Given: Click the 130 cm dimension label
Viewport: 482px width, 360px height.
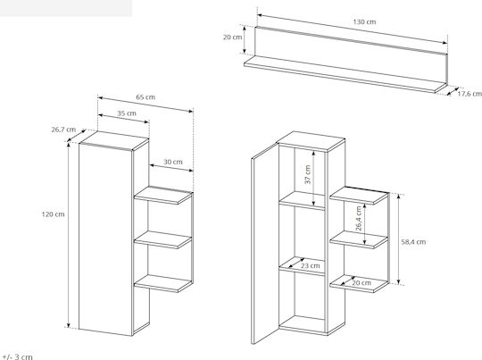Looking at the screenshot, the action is [x=364, y=21].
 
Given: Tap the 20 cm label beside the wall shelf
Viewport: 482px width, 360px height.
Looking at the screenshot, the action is [x=232, y=38].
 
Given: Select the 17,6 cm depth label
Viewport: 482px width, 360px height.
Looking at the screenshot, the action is [x=470, y=94].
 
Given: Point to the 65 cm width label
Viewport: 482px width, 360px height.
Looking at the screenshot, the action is [x=145, y=97].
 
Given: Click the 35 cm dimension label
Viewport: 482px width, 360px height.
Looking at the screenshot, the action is [x=127, y=113].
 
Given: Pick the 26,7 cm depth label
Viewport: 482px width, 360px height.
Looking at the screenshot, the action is [x=63, y=130].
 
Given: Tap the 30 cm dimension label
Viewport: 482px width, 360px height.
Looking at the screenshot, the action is [x=173, y=162].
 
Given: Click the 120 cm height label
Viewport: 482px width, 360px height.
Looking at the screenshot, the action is [x=54, y=214].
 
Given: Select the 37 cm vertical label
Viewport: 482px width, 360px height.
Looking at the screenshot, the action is [x=308, y=174].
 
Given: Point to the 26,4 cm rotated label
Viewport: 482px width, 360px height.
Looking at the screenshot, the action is [x=359, y=219].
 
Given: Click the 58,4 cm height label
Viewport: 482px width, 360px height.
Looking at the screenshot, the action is [x=413, y=242].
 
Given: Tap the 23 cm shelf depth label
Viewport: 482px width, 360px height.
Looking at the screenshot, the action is [x=310, y=265].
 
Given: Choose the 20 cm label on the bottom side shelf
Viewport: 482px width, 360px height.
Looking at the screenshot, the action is [x=361, y=282].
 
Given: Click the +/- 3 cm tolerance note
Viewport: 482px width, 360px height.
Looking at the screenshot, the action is [x=18, y=357].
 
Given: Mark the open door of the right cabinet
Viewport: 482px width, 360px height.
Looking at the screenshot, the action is [x=265, y=243].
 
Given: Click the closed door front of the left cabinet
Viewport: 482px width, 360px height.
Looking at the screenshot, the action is [x=105, y=239].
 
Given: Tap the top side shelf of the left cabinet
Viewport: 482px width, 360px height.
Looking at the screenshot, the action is [x=163, y=196].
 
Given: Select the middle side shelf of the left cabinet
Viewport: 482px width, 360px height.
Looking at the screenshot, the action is [x=163, y=240].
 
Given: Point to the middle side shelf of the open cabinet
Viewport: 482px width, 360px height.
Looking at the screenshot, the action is [x=359, y=240].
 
